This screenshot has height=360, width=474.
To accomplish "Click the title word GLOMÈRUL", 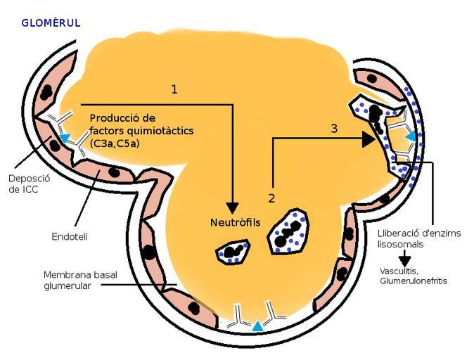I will [x=51, y=22].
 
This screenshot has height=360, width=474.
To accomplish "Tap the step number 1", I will [x=174, y=89].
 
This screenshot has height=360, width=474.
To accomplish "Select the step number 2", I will [x=271, y=199].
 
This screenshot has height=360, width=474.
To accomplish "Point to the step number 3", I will [x=334, y=128].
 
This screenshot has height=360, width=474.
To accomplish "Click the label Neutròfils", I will [x=235, y=223].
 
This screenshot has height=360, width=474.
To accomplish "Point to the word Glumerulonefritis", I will [x=414, y=281].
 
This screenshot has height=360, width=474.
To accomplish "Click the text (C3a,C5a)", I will [x=115, y=144].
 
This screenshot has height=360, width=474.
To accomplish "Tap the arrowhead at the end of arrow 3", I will [x=368, y=139].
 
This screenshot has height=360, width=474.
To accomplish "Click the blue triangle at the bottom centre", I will [x=258, y=326].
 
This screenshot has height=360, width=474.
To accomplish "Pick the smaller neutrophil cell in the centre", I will [x=233, y=251].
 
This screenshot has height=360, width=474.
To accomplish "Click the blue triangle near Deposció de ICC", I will [x=65, y=139].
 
